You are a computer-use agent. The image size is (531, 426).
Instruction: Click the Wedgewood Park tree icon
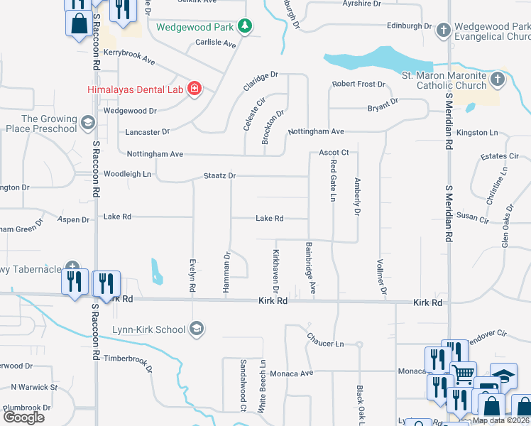click(x=245, y=26)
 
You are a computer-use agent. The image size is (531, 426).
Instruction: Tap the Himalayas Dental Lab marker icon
click(x=194, y=89)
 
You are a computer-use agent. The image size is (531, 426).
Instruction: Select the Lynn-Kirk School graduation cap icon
click(x=197, y=329)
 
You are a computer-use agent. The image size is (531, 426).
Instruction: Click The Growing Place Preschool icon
click(x=87, y=123)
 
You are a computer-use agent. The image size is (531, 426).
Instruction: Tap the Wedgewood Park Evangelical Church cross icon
click(x=443, y=30)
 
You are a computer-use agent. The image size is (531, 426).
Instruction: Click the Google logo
click(x=23, y=417)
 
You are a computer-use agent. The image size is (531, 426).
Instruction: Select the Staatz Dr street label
click(x=219, y=175)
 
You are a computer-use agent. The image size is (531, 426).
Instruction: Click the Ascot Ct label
click(x=334, y=153)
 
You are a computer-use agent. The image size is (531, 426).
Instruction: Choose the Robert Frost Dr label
click(x=358, y=84)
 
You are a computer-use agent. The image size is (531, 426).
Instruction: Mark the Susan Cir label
click(x=473, y=216)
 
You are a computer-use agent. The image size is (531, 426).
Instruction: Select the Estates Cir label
click(x=499, y=156)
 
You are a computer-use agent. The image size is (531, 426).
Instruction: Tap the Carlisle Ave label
click(x=216, y=43)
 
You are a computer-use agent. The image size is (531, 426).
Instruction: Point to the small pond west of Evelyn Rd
click(x=155, y=270)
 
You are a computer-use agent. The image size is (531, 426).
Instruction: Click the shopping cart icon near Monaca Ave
click(x=463, y=372)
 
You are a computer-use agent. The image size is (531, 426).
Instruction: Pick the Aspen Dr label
click(x=74, y=219)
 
